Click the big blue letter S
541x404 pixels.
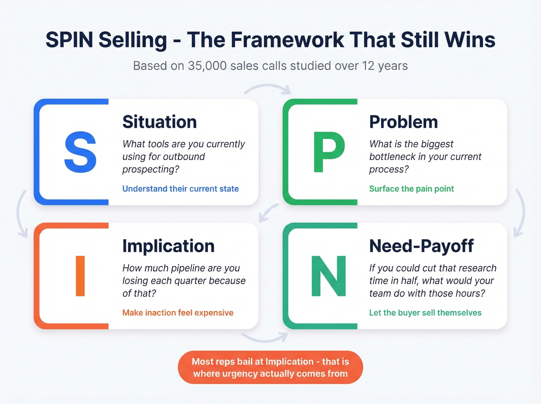click(80, 152)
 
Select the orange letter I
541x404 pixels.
click(80, 276)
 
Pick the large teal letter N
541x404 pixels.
click(328, 276)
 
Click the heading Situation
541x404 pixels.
click(160, 122)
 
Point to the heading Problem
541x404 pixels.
click(403, 122)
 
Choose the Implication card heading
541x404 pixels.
click(168, 246)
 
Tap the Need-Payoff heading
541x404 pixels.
click(421, 246)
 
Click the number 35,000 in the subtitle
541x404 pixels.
click(207, 66)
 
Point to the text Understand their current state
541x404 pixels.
click(180, 189)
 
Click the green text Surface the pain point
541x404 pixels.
click(412, 189)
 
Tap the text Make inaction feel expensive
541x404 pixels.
click(178, 312)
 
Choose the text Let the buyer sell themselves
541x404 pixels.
click(425, 312)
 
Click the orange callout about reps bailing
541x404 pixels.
click(270, 367)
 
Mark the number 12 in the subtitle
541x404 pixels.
click(368, 66)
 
